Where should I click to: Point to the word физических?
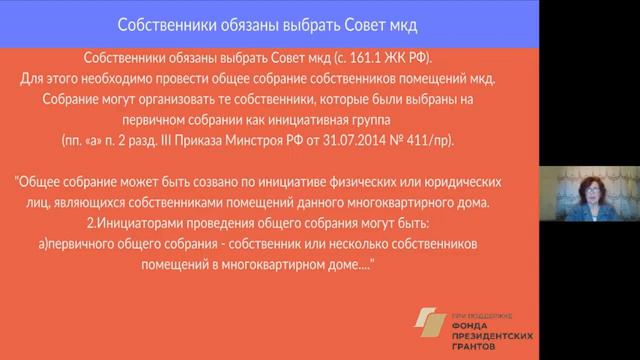(x=385, y=184)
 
